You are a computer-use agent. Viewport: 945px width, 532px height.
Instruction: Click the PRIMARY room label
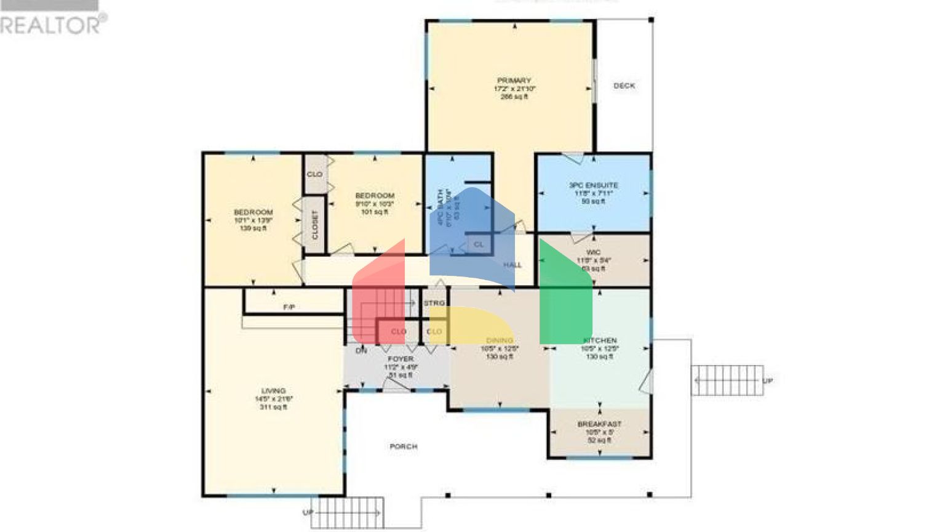514,81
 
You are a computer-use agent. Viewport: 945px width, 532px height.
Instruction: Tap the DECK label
624,86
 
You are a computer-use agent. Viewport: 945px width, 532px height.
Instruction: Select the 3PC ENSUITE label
593,185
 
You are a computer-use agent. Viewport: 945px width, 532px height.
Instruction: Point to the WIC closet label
593,252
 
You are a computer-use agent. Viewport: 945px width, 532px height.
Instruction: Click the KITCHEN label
600,341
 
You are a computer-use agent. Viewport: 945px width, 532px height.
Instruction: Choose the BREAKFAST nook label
599,424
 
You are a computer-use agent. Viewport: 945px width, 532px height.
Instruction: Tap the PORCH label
404,446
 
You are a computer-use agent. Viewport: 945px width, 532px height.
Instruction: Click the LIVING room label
273,391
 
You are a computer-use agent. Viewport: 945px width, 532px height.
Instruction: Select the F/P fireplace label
289,307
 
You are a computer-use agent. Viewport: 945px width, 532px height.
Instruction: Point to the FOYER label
401,359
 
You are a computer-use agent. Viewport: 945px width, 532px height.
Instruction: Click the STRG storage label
434,304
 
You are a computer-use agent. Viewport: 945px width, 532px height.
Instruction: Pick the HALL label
512,265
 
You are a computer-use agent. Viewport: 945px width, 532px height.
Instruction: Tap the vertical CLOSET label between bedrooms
315,225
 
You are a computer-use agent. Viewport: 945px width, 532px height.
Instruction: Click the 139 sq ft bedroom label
253,212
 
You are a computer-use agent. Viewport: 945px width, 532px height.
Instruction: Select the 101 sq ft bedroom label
375,196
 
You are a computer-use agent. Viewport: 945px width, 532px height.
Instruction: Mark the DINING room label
499,341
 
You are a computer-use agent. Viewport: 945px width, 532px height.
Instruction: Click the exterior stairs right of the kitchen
727,381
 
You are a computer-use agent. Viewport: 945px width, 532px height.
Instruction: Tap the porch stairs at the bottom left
347,512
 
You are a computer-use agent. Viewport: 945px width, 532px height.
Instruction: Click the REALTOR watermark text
50,25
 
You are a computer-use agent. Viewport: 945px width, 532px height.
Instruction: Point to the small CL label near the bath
479,244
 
